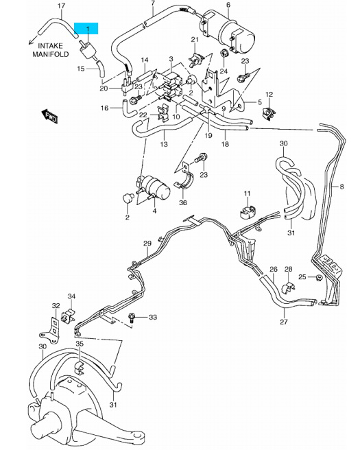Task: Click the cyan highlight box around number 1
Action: coord(86,28)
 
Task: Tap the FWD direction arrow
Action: coord(49,116)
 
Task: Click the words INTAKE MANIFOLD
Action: coord(51,50)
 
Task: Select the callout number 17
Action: coord(62,5)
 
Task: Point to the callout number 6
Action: coord(228,5)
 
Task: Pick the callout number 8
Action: coord(341,187)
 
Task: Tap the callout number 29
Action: coord(147,244)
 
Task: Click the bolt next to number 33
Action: coord(132,318)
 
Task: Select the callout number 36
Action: coord(183,202)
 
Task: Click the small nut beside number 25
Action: coord(318,278)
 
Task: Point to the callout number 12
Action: coord(269,95)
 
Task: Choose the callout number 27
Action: coord(284,322)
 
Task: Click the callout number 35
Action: coord(80,344)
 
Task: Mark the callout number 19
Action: coord(208,135)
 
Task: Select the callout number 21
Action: coord(195,40)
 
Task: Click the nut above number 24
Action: coord(224,54)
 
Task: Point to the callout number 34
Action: coord(71,296)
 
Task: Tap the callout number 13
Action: coord(164,144)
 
